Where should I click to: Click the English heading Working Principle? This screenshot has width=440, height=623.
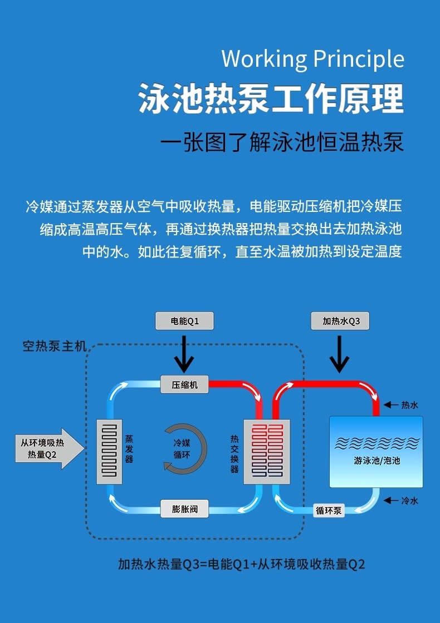312,60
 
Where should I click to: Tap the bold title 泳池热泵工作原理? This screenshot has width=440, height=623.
271,99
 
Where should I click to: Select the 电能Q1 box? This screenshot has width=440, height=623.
184,321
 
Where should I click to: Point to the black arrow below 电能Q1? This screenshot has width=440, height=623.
184,356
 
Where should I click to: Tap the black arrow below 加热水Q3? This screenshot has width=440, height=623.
339,356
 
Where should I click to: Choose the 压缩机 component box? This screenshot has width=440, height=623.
184,384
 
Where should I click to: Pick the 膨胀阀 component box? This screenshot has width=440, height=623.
184,508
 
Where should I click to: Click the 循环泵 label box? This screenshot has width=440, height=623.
329,510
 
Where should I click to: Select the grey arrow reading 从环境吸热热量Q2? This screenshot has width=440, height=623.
48,448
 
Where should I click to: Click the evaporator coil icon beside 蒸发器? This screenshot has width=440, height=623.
109,451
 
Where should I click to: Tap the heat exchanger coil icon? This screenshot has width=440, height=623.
267,451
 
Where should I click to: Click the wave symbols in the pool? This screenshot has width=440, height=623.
376,443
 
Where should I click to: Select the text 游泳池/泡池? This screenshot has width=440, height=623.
377,461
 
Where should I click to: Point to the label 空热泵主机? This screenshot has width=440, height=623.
55,347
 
